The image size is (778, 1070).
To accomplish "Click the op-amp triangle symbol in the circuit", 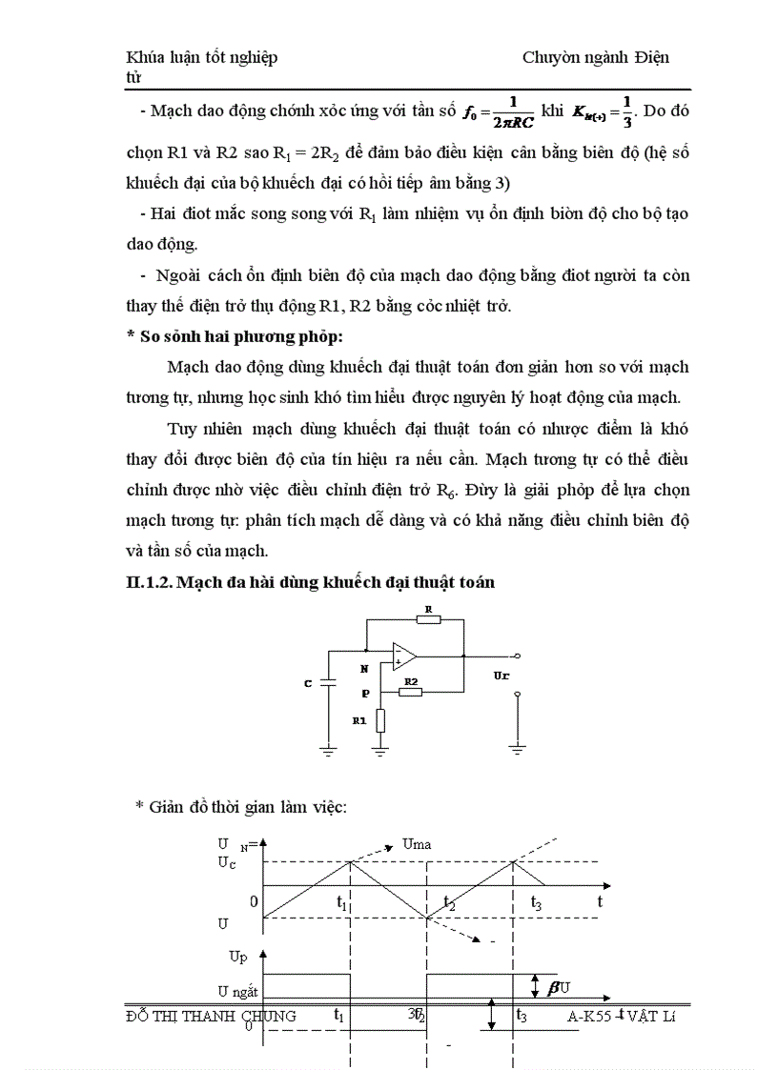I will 403,656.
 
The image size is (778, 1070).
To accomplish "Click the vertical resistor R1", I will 380,720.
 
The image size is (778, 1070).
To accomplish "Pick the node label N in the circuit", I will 364,670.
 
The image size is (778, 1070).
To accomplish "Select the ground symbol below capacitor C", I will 327,753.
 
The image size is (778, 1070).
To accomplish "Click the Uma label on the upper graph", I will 418,844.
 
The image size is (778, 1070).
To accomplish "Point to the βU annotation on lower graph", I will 559,987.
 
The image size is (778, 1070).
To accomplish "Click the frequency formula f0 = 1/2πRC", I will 497,111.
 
